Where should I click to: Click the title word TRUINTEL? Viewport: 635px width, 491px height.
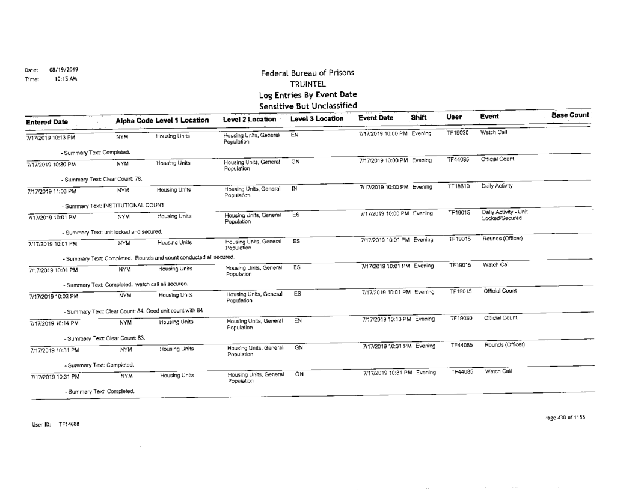click(307, 84)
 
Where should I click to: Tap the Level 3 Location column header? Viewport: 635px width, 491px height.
click(316, 120)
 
